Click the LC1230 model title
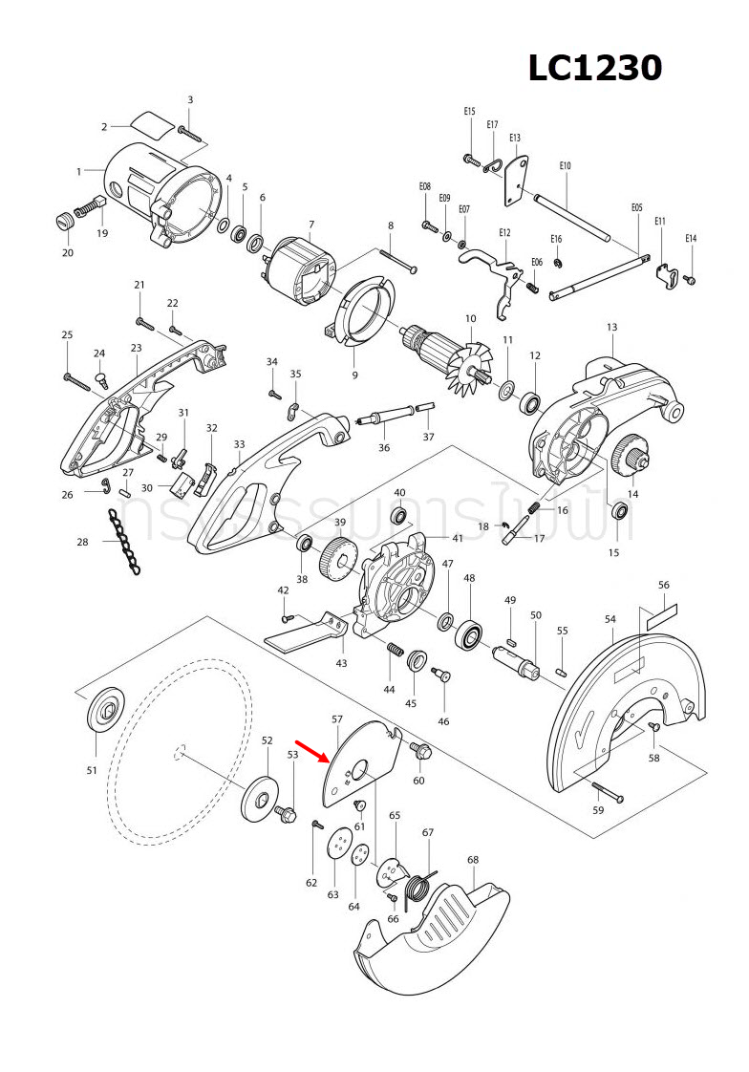tap(595, 68)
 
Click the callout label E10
tap(565, 166)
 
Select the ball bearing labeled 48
tap(470, 634)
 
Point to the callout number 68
tap(472, 860)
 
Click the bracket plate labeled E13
tap(516, 181)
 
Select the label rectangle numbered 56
tap(661, 614)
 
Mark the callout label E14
tap(691, 238)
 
